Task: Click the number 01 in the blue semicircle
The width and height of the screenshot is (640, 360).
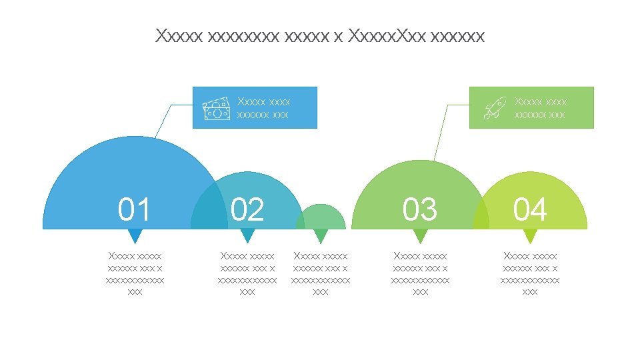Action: (x=134, y=209)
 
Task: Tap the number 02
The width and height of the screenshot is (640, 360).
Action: (x=247, y=209)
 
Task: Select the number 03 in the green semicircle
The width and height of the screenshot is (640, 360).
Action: (x=420, y=209)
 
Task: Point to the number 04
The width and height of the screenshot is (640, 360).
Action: (x=530, y=209)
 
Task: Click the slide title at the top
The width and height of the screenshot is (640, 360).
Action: (x=320, y=35)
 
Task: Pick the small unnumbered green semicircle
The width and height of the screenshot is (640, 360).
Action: (x=321, y=219)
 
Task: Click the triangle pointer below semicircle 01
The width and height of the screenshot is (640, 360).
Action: (x=135, y=236)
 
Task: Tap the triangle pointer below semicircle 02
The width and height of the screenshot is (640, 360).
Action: (x=247, y=236)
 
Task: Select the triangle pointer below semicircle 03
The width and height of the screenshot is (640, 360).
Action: (x=420, y=236)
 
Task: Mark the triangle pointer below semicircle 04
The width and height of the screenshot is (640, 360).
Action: (x=530, y=236)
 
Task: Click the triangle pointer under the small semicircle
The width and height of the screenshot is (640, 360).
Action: (x=321, y=236)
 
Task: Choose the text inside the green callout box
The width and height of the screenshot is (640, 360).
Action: (x=540, y=108)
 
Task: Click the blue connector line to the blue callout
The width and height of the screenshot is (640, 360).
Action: (x=164, y=121)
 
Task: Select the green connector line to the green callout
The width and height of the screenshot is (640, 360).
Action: (x=440, y=133)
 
